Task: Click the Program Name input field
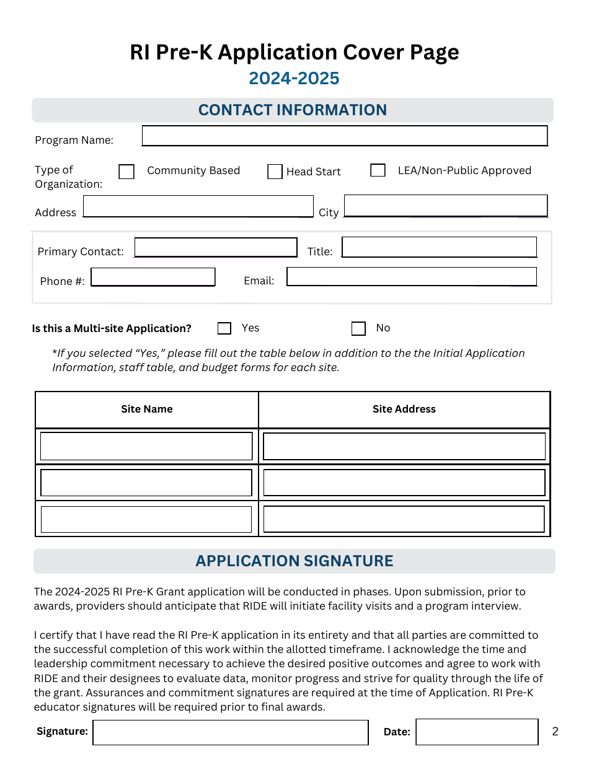tap(345, 136)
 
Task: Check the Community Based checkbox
tap(126, 172)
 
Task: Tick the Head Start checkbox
tap(275, 172)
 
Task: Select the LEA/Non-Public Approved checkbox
tap(378, 170)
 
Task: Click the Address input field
tap(198, 206)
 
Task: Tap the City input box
tap(446, 206)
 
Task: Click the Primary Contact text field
tap(216, 248)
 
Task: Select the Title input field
tap(439, 247)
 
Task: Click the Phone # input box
tap(153, 277)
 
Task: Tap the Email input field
tap(412, 276)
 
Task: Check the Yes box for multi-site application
tap(224, 328)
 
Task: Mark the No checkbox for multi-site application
tap(358, 328)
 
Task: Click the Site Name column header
tap(147, 409)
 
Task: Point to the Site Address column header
tap(404, 409)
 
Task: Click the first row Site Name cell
tap(146, 446)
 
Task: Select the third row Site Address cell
tap(404, 519)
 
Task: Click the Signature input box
tap(231, 732)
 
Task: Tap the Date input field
tap(477, 732)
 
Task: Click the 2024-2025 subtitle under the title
tap(294, 79)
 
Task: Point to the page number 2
tap(556, 732)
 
